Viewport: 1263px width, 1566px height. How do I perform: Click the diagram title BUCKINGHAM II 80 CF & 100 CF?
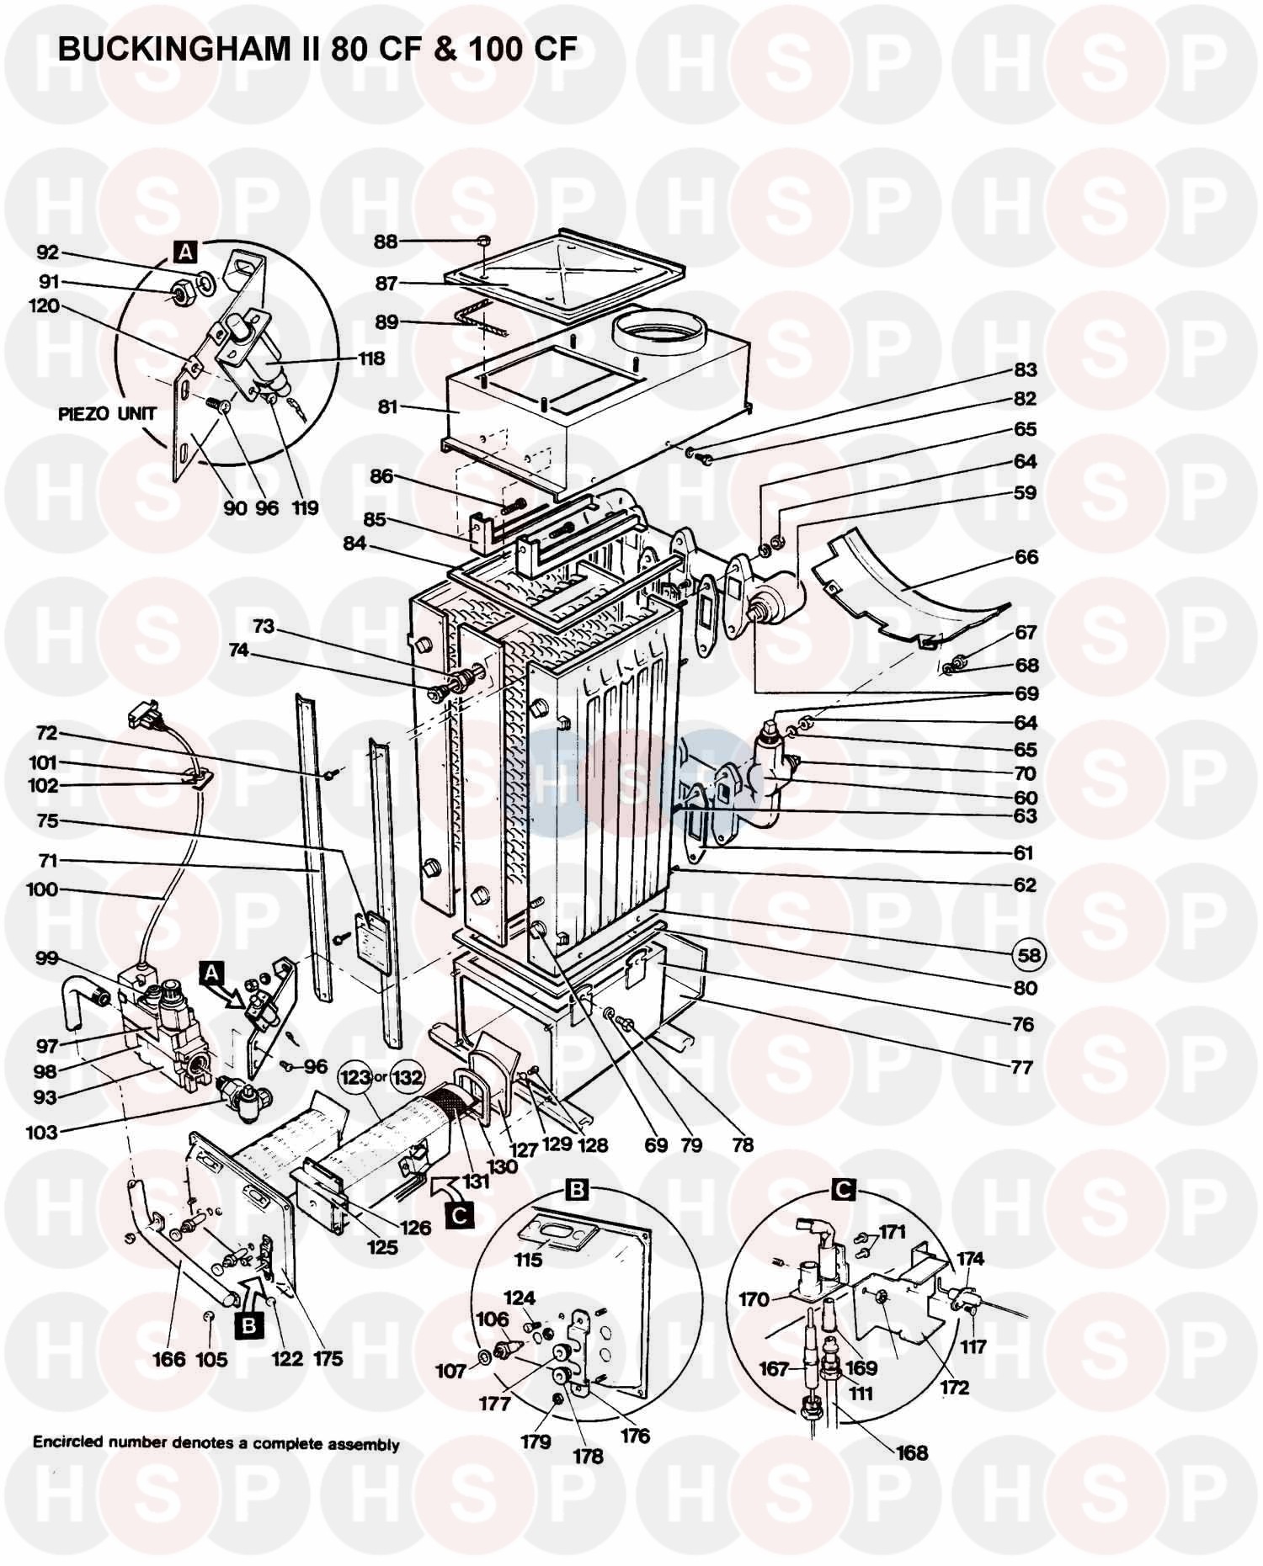(x=317, y=50)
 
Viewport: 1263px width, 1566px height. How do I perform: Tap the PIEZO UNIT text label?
(x=107, y=413)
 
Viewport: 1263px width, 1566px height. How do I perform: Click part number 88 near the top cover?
(x=386, y=242)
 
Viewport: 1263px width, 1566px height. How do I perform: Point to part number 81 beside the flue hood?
(x=387, y=407)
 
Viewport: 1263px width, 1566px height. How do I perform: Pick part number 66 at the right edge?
(x=1026, y=557)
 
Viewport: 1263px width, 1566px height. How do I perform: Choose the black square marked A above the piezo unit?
(x=184, y=250)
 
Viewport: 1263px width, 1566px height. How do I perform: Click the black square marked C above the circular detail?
(x=843, y=1189)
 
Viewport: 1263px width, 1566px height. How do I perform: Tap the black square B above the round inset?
(x=578, y=1189)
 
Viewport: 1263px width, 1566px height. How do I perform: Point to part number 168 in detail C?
(x=912, y=1453)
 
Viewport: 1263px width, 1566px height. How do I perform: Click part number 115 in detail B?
(x=528, y=1260)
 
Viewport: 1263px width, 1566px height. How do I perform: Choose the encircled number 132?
(x=408, y=1077)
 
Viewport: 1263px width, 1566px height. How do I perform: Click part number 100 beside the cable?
(x=42, y=889)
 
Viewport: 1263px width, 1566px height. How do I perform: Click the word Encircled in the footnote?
(x=67, y=1442)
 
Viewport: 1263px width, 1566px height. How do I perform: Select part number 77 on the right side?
(x=1021, y=1068)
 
